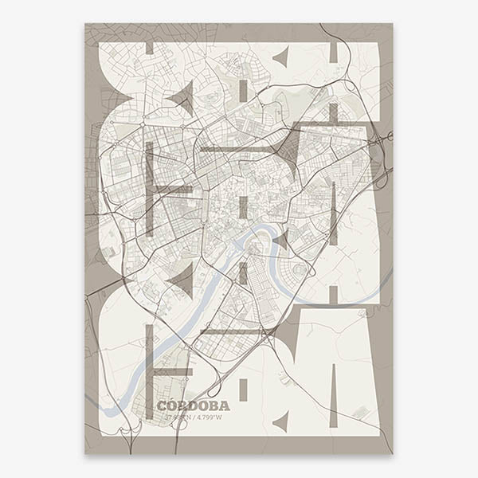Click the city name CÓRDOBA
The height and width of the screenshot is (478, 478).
coord(194,406)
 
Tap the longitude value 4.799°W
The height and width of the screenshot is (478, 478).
coord(210,416)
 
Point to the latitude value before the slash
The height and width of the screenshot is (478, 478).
coord(173,416)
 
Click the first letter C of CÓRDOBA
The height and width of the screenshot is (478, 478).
coord(162,406)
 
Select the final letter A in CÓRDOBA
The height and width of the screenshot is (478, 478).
coord(225,406)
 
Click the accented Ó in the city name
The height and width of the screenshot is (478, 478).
coord(172,405)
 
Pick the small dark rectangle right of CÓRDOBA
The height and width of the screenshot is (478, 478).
coord(243,390)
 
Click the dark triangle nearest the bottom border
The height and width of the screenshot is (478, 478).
coord(280,421)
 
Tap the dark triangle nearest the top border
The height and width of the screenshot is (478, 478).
coord(281,57)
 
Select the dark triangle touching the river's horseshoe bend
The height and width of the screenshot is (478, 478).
coord(280,240)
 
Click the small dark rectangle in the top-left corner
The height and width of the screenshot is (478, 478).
coord(149,49)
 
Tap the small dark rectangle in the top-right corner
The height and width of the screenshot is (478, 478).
coord(334,51)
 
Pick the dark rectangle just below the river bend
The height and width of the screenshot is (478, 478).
coord(243,273)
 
